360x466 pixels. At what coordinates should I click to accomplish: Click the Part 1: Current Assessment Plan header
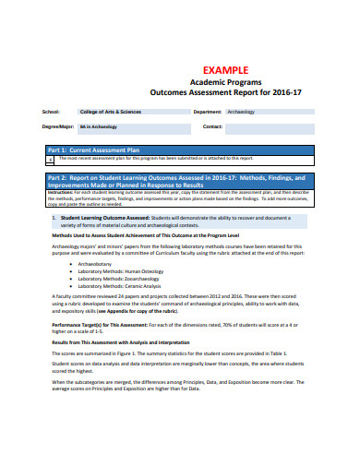pyautogui.click(x=93, y=149)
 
